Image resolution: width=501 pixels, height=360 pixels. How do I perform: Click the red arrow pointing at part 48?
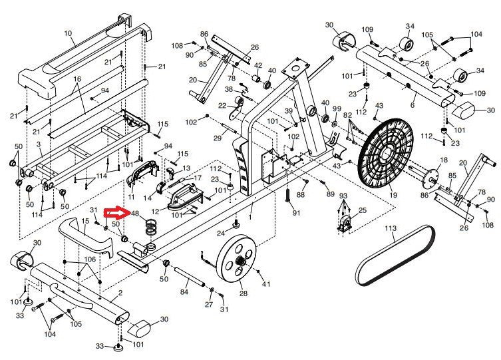coord(119,214)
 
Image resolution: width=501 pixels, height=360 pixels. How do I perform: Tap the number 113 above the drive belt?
coord(391,228)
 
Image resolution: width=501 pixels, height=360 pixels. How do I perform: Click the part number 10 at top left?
coord(68,33)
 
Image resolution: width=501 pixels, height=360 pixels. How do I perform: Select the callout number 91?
coord(296,213)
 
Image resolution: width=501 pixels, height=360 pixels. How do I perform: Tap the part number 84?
coord(184,291)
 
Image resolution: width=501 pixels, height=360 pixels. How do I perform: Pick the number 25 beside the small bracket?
coord(363,210)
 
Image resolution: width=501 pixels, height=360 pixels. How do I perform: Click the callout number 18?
coord(444,160)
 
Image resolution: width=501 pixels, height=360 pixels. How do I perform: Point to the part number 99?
coord(337,108)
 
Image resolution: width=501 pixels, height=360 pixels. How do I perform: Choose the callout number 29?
coord(217,138)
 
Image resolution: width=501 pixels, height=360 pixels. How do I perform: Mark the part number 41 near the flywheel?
coord(267,284)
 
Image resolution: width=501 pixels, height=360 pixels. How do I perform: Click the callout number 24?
coord(222,233)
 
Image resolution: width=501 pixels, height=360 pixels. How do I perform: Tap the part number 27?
coord(209,304)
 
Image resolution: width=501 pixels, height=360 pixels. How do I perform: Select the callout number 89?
coord(331,193)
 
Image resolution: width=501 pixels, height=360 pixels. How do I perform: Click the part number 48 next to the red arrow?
coord(135,214)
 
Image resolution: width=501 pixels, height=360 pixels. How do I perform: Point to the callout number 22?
coord(222,106)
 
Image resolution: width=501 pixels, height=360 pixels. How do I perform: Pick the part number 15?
coord(85,220)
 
